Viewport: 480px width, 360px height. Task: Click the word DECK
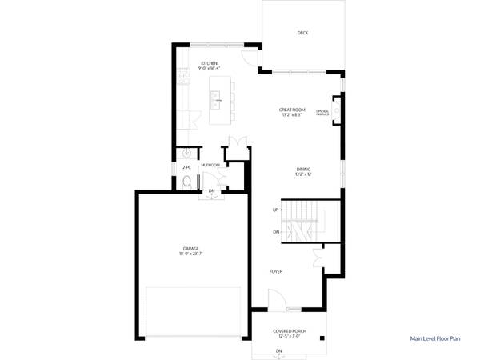(x=302, y=33)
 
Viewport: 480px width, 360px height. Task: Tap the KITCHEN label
(x=210, y=62)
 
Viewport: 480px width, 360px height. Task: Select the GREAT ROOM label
(x=292, y=110)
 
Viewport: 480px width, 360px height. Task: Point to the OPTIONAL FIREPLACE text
(x=323, y=113)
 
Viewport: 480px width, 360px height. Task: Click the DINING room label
(x=303, y=169)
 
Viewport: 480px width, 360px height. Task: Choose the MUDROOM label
(x=210, y=165)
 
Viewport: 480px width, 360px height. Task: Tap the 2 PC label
(x=186, y=167)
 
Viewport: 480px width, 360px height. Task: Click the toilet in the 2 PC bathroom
(x=186, y=182)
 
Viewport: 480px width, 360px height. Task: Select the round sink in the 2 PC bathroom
(x=186, y=153)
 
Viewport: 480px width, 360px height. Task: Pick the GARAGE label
(x=190, y=249)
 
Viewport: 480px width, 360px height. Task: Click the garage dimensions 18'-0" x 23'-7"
(x=190, y=254)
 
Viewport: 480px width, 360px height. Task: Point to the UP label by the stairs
(x=276, y=210)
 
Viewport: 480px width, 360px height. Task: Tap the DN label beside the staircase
(x=276, y=232)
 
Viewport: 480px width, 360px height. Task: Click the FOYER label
(x=276, y=271)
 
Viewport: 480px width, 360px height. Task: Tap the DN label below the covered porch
(x=278, y=351)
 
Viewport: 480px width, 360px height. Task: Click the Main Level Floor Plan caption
(x=435, y=339)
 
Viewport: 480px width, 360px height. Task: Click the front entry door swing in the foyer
(x=277, y=302)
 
